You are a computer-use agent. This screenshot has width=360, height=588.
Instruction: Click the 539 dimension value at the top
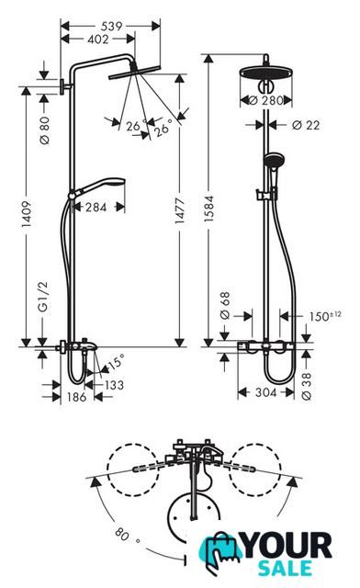point(111,26)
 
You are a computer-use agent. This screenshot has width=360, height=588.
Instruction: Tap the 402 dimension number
point(98,39)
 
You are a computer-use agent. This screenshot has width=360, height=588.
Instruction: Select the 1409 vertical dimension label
point(26,214)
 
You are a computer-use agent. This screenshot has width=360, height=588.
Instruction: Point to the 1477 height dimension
point(180,211)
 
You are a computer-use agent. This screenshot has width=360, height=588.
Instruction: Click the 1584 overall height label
point(208,209)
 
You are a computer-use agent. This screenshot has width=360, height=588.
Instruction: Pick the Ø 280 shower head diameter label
point(266,100)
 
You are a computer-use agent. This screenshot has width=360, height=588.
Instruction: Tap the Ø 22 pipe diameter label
point(306,125)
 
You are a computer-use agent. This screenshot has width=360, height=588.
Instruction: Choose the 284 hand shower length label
point(96,207)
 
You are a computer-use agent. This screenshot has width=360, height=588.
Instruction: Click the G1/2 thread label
point(43,297)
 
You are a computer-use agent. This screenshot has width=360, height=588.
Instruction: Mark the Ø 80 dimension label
point(44,130)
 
